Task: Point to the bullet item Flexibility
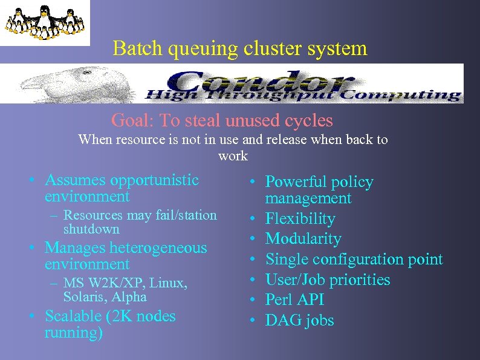[x=300, y=218]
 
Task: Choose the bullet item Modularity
[x=303, y=239]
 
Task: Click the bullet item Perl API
[x=294, y=299]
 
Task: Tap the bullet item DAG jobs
[x=299, y=320]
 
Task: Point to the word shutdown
[x=91, y=229]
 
